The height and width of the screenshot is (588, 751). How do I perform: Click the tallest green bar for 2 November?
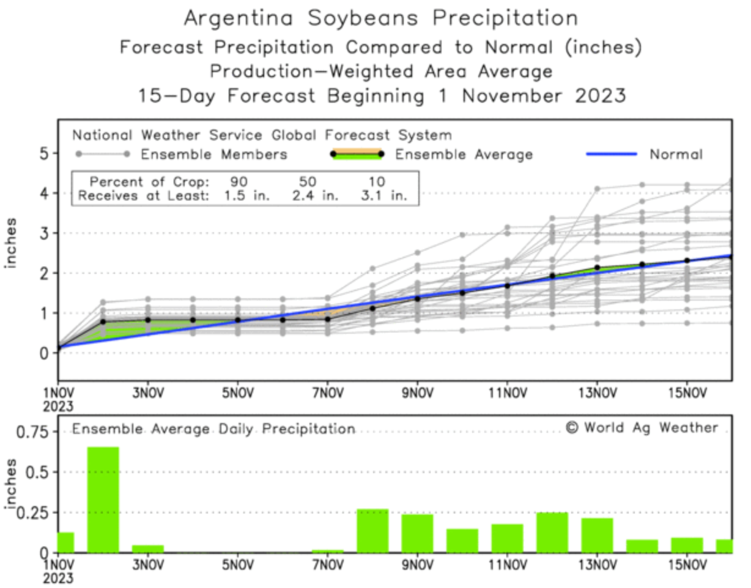(x=103, y=499)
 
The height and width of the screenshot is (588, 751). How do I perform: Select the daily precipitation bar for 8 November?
(x=372, y=531)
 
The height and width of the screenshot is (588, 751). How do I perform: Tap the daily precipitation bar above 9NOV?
(x=418, y=533)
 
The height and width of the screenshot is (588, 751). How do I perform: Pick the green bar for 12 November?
(x=552, y=532)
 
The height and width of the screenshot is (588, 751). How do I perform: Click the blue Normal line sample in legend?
(x=611, y=154)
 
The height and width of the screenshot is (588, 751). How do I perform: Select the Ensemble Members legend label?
(x=214, y=155)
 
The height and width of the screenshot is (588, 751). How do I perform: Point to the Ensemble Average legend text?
(x=464, y=155)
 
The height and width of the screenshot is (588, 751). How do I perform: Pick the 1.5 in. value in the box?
(x=240, y=196)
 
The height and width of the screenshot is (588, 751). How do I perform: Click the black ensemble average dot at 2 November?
(x=103, y=322)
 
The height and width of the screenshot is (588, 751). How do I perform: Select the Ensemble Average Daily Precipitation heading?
(x=213, y=429)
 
